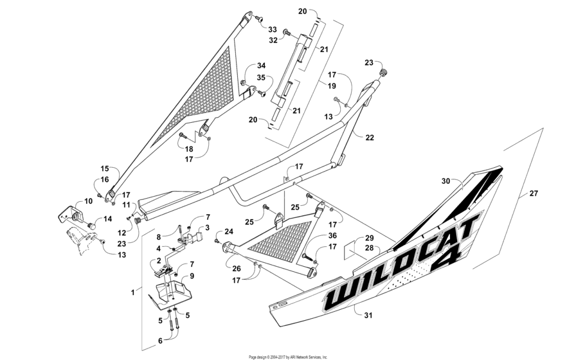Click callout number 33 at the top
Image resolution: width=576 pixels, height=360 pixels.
click(272, 30)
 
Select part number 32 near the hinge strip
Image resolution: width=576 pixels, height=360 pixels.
click(273, 40)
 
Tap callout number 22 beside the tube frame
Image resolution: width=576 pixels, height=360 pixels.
click(370, 138)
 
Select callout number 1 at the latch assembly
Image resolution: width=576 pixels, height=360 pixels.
click(133, 292)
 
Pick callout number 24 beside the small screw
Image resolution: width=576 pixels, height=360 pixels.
click(229, 231)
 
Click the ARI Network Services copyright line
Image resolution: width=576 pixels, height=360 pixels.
click(288, 357)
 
